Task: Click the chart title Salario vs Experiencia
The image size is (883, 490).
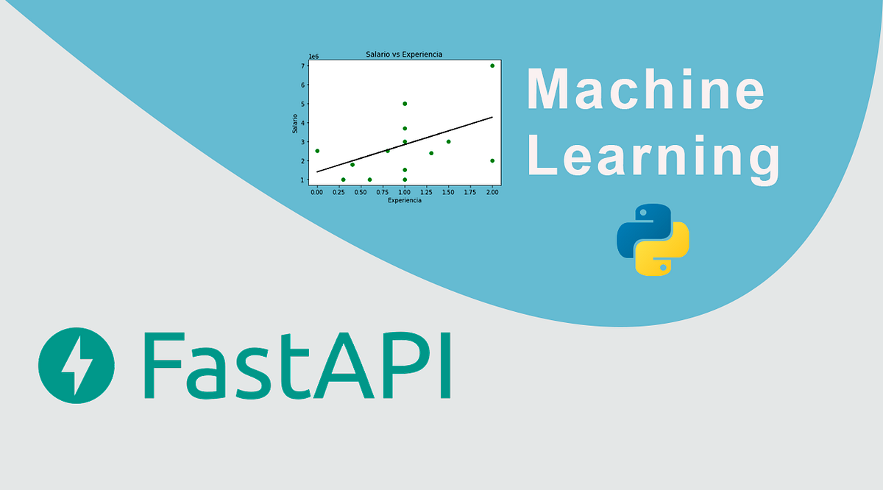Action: [404, 54]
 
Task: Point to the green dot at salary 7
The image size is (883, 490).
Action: [492, 65]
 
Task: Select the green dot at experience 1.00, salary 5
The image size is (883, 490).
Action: [405, 104]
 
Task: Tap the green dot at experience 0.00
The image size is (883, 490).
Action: [317, 151]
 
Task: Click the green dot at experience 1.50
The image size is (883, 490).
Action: [448, 142]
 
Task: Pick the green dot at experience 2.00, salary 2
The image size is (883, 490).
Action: [492, 160]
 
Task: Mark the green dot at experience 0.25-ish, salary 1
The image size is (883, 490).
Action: [343, 180]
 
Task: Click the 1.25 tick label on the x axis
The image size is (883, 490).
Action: [427, 192]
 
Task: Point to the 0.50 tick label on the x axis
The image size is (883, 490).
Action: [361, 192]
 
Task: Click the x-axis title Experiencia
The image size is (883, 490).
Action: [404, 200]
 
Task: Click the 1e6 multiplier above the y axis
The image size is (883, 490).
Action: [313, 56]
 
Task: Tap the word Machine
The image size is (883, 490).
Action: [645, 88]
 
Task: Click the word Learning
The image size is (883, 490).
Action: [653, 156]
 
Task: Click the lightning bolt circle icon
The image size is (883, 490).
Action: [77, 366]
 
